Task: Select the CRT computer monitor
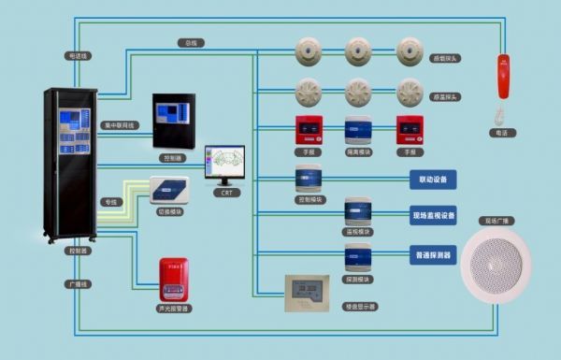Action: tap(224, 165)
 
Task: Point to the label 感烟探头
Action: tap(445, 57)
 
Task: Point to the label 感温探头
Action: tap(445, 96)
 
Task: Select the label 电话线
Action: tap(79, 56)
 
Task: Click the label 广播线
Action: tap(79, 283)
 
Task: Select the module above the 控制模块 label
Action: tap(309, 179)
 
